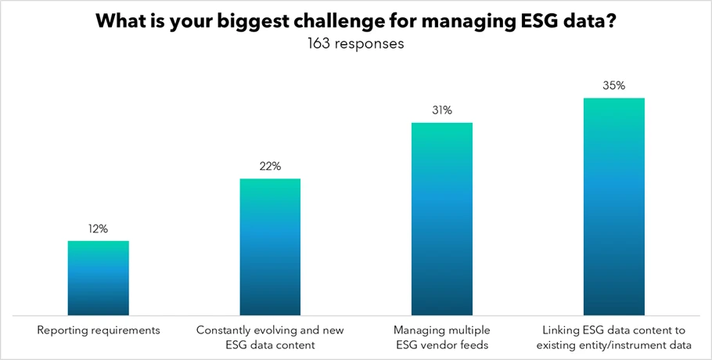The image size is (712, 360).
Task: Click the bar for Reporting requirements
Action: coord(99,278)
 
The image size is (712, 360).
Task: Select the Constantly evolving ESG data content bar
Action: coord(270,247)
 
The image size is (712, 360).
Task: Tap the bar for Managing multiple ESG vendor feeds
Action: coord(442,219)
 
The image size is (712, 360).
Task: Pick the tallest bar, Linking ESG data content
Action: coord(614,207)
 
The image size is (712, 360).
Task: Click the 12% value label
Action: coord(99,229)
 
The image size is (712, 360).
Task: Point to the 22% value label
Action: coord(270,167)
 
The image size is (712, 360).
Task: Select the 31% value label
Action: coord(442,110)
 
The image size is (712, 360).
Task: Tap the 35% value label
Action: coord(614,86)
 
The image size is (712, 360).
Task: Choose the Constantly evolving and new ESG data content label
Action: coord(270,337)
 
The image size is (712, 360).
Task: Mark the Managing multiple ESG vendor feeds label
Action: coord(442,337)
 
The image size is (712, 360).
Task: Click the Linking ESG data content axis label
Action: coord(614,337)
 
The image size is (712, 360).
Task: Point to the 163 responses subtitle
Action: coord(356,44)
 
